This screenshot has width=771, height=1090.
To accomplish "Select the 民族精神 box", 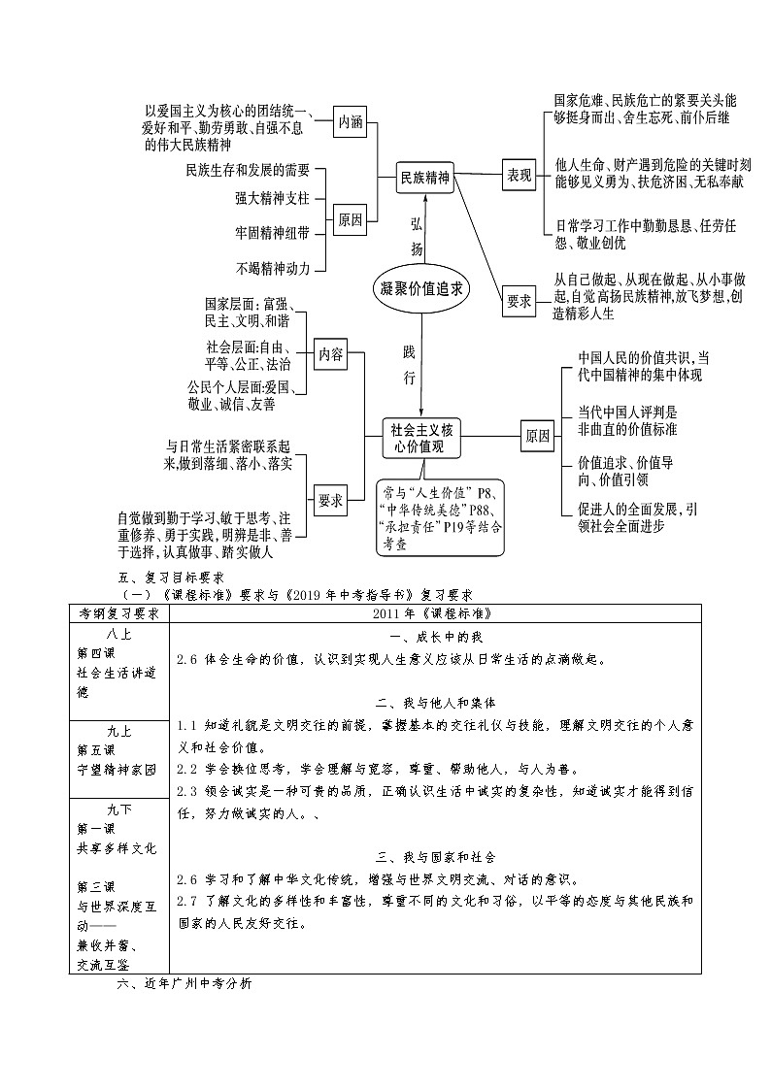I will (426, 178).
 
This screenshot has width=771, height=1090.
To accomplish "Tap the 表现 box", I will (520, 176).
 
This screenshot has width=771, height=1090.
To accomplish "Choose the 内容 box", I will (331, 354).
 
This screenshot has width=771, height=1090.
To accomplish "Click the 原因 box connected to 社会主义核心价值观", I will (537, 436).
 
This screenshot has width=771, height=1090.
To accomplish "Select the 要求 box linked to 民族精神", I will (520, 302).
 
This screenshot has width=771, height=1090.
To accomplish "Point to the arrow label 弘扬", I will (417, 236).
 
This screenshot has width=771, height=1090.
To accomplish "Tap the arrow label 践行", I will (409, 362).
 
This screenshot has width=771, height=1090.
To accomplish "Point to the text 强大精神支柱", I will (272, 198).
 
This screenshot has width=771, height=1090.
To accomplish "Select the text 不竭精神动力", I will (272, 268).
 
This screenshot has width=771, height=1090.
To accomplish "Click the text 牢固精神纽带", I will (272, 233).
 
